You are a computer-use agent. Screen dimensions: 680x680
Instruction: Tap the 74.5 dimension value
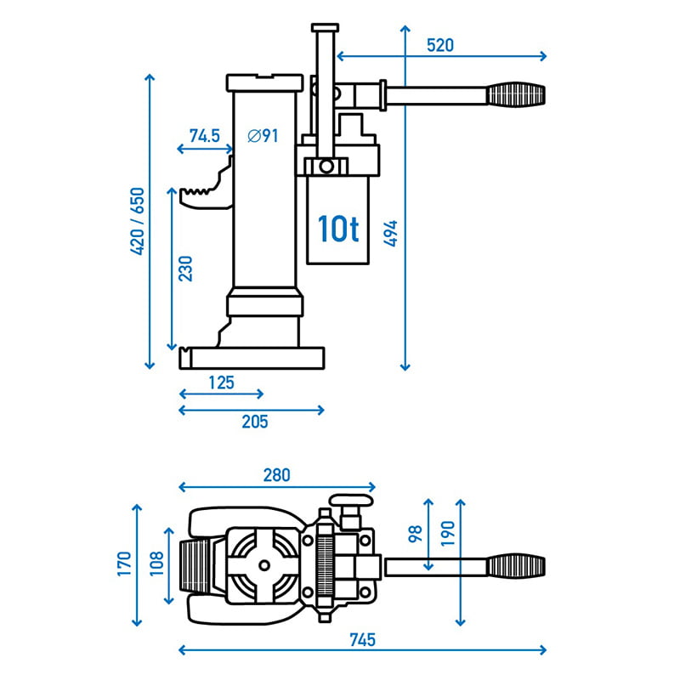click(x=204, y=135)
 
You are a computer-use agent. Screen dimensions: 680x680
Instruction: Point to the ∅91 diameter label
click(x=263, y=135)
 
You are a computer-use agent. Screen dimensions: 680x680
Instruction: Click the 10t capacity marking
click(x=337, y=228)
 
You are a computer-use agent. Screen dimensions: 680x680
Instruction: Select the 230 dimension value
click(x=186, y=268)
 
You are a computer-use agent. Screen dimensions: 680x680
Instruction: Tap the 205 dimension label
click(x=253, y=422)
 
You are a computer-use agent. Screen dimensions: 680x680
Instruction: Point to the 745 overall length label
click(x=362, y=638)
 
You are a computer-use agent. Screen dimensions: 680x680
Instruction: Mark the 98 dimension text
click(x=415, y=534)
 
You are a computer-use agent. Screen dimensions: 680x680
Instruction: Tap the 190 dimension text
click(x=448, y=534)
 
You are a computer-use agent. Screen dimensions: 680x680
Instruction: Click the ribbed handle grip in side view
click(x=515, y=93)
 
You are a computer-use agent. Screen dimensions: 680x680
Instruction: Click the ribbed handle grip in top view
click(x=515, y=564)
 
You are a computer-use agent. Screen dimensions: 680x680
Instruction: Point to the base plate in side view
click(x=253, y=358)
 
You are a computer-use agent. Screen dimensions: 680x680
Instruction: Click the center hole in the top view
click(x=264, y=564)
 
